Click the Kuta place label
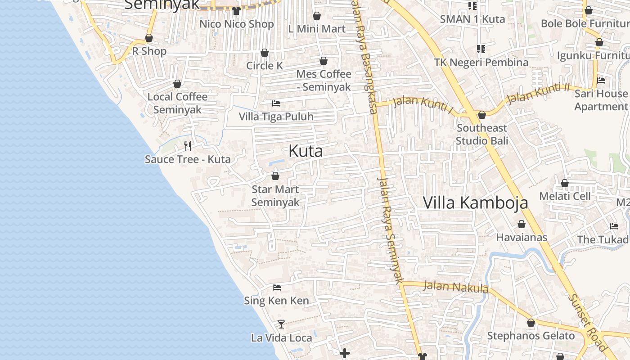pos(306,151)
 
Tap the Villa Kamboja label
pos(475,202)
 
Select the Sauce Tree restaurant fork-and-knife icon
pos(188,146)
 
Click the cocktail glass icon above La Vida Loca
pos(281,324)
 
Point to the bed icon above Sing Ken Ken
pos(277,287)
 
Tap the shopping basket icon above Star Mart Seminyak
pos(275,176)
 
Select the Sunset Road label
pos(587,322)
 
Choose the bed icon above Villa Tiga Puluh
pos(276,103)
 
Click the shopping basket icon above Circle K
pos(265,53)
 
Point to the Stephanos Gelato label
pos(531,336)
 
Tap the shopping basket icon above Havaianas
pos(522,224)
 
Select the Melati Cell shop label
pos(565,196)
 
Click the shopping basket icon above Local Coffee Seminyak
pos(177,84)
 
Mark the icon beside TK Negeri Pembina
pos(481,49)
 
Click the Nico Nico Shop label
pos(237,24)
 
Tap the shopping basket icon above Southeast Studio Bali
pos(482,115)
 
